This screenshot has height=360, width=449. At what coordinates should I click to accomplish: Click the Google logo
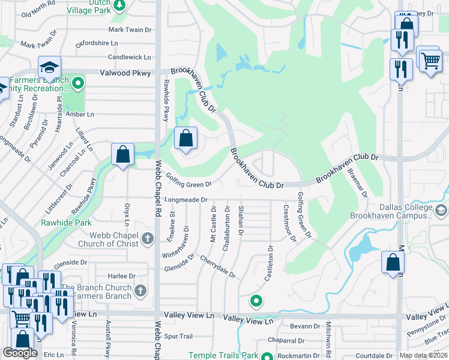tap(20, 353)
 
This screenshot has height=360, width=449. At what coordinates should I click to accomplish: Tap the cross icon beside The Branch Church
tap(140, 291)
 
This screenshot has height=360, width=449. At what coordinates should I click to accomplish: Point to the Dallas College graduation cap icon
tap(442, 210)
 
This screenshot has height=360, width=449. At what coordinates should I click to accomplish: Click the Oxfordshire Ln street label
tap(101, 43)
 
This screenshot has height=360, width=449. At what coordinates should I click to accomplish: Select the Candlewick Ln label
tap(130, 57)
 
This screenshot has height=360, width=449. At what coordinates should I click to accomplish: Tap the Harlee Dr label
tap(122, 276)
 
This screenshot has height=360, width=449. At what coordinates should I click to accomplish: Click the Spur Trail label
tap(178, 336)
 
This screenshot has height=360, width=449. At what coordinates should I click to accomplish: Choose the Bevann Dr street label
tap(306, 326)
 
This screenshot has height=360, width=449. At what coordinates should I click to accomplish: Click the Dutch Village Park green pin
tap(119, 5)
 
